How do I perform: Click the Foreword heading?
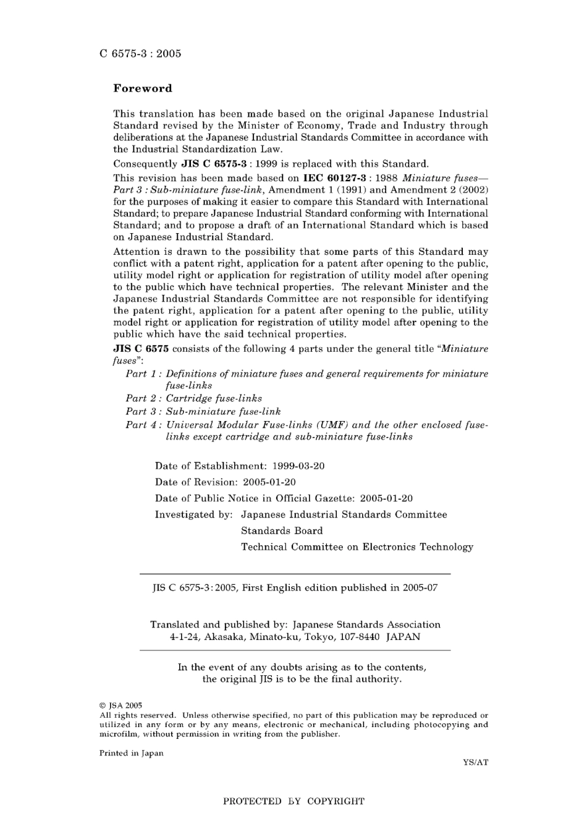[143, 88]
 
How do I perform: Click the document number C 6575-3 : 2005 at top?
[140, 54]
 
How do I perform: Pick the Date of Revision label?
[196, 482]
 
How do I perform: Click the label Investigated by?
[193, 514]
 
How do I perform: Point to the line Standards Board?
[282, 530]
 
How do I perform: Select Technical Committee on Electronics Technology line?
[357, 547]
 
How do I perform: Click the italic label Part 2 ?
[143, 399]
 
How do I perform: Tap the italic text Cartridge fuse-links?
[214, 399]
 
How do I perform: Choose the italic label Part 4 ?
[143, 425]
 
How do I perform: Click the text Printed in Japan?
[131, 753]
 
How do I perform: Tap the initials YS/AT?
[475, 762]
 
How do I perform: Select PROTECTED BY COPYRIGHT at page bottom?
[293, 801]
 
